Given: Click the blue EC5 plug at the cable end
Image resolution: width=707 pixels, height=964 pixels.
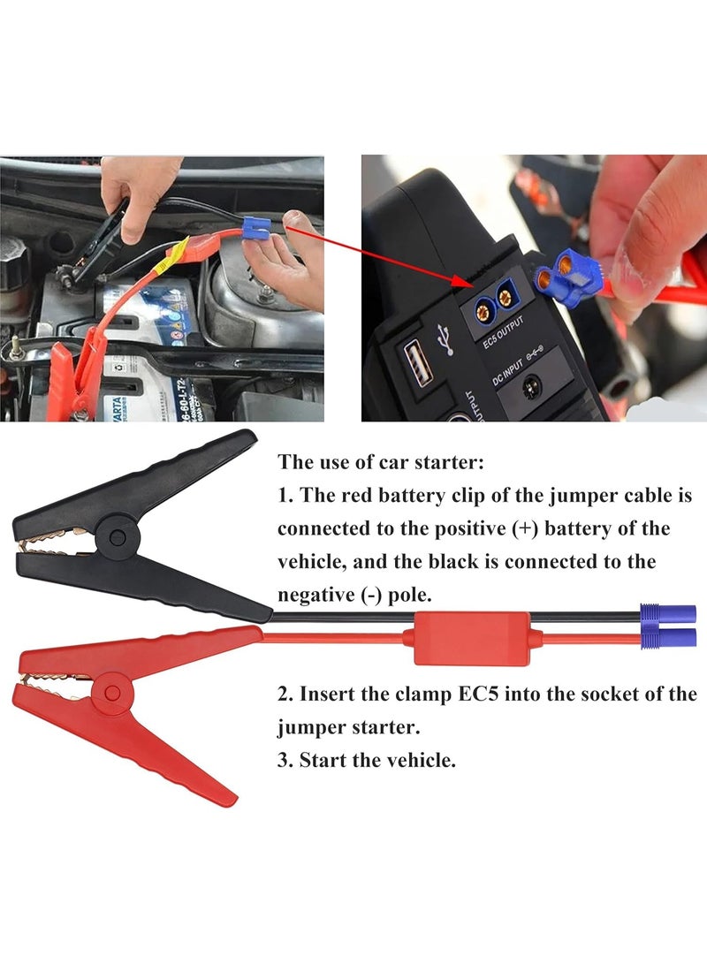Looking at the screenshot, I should point(668,626).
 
